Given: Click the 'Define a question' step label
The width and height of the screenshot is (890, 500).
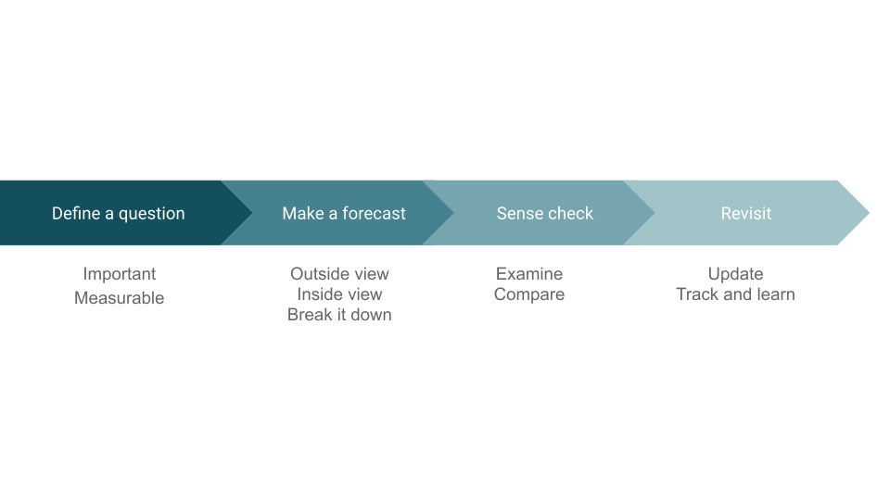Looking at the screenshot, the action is [118, 214].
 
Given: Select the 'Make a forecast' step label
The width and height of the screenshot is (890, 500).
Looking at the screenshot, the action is [344, 213].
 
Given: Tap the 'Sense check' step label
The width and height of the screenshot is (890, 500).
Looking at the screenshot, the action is [545, 213].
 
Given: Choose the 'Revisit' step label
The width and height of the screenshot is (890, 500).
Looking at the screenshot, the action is [745, 213].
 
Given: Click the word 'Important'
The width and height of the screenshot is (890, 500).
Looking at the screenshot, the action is [120, 274].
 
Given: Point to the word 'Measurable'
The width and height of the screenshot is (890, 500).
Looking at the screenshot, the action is [120, 297].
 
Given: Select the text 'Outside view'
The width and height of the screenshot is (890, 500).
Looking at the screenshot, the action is [339, 274].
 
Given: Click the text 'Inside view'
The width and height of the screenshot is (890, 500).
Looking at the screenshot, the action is [339, 294].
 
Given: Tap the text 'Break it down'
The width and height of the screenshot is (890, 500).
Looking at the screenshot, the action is [339, 315].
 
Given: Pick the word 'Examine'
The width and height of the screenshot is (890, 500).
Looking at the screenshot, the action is [529, 274].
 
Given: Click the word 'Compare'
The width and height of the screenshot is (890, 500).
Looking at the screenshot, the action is [529, 294].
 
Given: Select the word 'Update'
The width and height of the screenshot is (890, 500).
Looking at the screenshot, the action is [735, 274].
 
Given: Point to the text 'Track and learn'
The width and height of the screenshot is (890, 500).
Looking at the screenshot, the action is [735, 294].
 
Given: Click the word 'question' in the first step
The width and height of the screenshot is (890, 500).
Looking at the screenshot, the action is [151, 214].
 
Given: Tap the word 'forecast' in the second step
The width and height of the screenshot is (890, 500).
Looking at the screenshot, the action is [374, 213].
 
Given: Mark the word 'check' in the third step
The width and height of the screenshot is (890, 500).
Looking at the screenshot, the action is [570, 213].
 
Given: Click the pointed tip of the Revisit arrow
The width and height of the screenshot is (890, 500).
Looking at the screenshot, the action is [869, 213].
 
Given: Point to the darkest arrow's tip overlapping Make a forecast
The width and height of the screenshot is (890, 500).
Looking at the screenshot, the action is [252, 213].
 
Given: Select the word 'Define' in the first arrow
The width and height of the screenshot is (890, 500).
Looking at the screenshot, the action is [76, 213].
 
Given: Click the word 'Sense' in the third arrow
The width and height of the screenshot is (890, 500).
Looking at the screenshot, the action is [519, 213].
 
